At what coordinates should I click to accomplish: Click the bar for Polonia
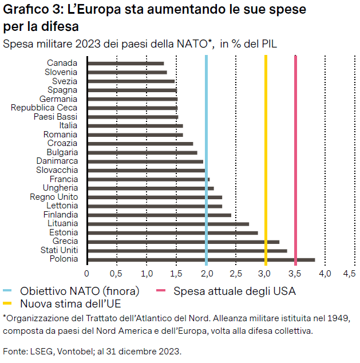(x=200, y=259)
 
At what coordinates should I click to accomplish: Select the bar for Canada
(x=125, y=63)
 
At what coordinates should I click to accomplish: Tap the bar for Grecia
(x=183, y=242)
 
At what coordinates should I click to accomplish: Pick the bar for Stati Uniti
(x=187, y=250)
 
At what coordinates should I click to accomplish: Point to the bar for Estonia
(x=172, y=232)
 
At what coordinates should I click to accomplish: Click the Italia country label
(x=68, y=125)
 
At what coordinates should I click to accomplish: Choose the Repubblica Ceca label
(x=44, y=108)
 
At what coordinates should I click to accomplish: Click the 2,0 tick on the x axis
(x=206, y=274)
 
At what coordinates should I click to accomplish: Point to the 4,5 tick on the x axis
(x=349, y=274)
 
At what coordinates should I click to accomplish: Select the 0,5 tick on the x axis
(x=117, y=274)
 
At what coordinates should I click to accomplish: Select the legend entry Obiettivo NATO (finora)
(x=80, y=291)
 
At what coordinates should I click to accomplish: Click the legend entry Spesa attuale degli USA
(x=235, y=291)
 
